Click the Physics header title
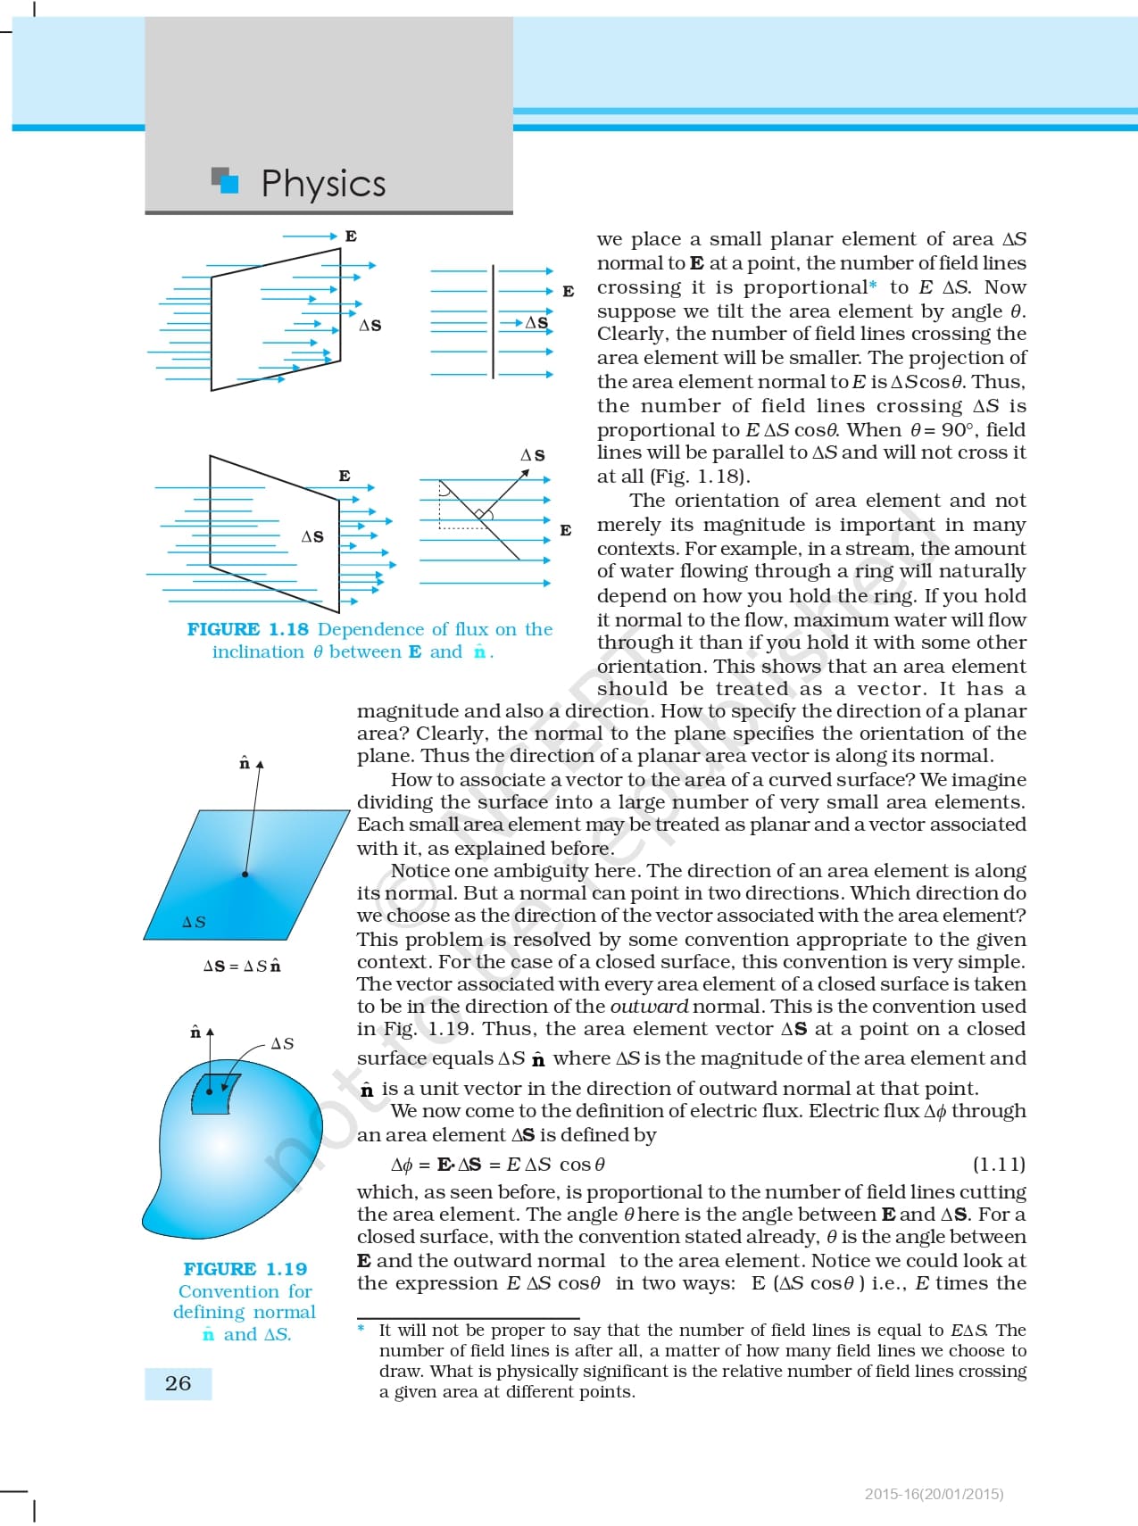323,183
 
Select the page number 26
178,1383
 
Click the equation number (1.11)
998,1164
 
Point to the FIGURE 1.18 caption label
247,629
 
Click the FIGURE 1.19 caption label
245,1268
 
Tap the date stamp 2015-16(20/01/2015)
934,1493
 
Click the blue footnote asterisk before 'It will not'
361,1329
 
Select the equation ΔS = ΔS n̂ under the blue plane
242,966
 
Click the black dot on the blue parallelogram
245,874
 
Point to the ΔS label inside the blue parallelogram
194,922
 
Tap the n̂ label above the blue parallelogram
245,763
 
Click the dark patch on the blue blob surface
214,1094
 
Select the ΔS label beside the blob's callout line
282,1043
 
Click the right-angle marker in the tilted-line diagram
481,514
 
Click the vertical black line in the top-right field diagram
493,321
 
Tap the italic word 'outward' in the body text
649,1006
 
